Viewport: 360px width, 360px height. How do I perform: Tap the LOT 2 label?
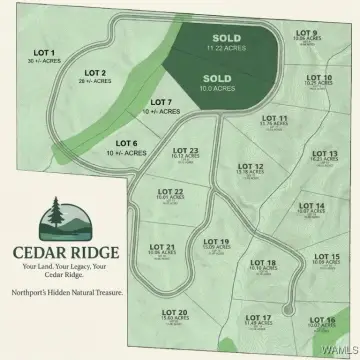95,73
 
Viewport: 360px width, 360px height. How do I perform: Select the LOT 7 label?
161,102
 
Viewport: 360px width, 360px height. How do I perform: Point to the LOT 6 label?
126,143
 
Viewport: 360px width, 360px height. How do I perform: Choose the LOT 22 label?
171,191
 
